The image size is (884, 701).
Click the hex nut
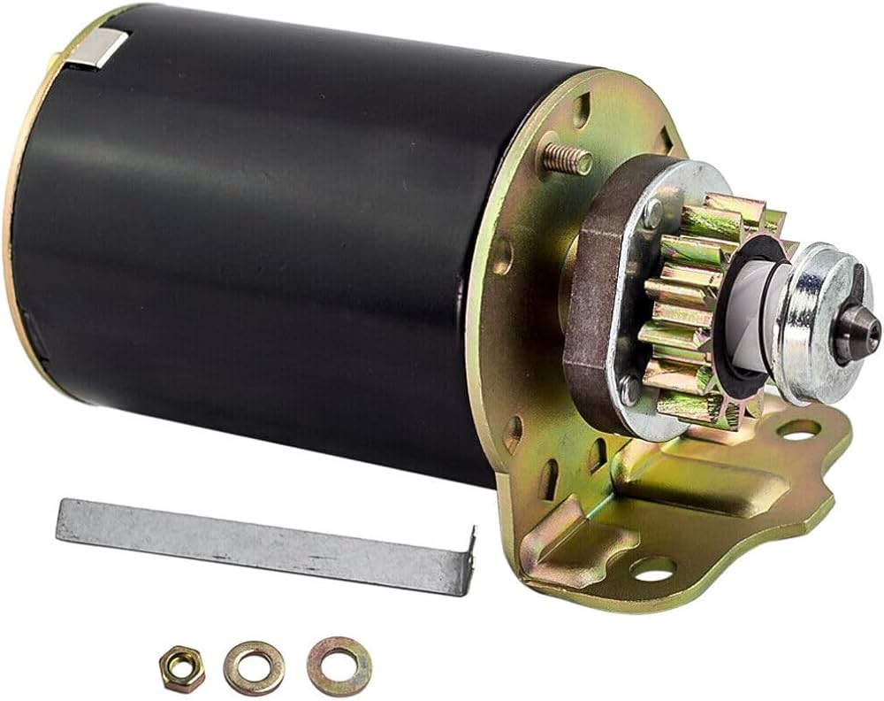click(181, 666)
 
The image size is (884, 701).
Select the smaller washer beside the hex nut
click(254, 666)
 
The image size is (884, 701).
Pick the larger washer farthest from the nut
click(339, 666)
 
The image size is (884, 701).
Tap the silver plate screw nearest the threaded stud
click(652, 211)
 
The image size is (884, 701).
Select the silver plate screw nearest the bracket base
click(630, 387)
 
